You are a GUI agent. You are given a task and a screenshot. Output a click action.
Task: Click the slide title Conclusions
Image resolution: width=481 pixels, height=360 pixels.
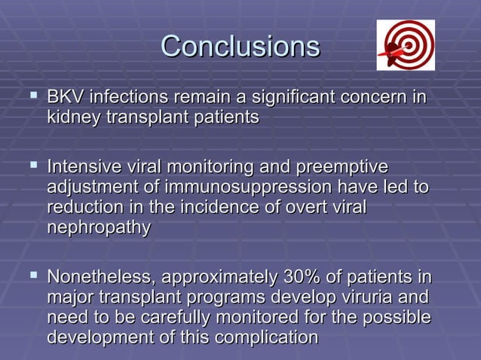(x=240, y=47)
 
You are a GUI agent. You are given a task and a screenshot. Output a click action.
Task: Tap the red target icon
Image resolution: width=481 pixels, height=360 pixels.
(x=405, y=45)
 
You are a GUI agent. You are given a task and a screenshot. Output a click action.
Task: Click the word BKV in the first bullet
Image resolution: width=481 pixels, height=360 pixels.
(x=65, y=99)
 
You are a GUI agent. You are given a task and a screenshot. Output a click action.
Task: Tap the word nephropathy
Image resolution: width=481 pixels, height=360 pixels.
(x=98, y=227)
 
